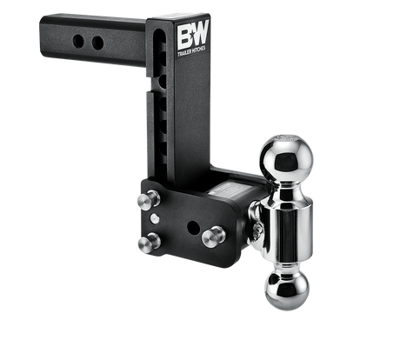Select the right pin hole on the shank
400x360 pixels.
97,43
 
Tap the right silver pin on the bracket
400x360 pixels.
210,236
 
